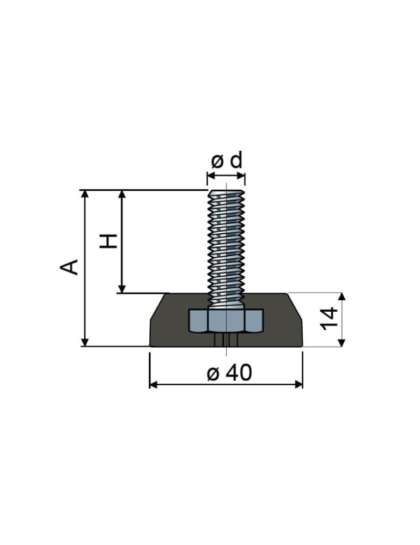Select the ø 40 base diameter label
[x=229, y=373]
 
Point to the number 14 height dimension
[x=329, y=318]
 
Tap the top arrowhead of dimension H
[x=121, y=193]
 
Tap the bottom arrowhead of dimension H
[x=121, y=289]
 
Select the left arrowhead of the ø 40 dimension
[x=153, y=384]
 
